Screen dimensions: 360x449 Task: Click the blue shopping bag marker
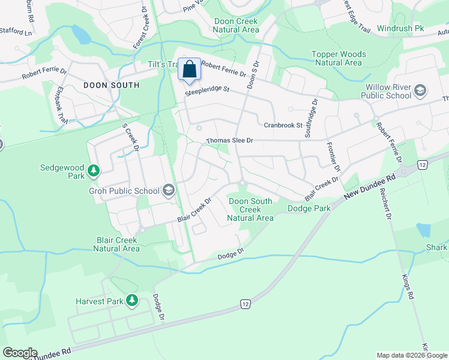coord(190,70)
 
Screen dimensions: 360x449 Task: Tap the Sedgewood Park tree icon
coord(93,171)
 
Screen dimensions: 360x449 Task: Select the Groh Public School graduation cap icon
coord(169,191)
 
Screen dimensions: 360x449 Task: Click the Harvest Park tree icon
coord(131,301)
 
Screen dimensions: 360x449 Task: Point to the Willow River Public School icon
coord(420,91)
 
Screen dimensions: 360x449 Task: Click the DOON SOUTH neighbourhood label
coord(111,85)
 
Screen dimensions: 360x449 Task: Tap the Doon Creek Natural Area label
coord(237,25)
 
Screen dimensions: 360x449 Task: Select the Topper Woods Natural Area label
coord(339,58)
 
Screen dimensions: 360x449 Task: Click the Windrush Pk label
coord(401,28)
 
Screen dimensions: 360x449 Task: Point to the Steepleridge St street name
coord(207,90)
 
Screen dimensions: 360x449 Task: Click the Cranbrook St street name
coord(283,125)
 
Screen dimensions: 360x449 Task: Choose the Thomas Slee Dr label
coord(230,140)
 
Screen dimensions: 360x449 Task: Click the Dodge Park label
coord(309,208)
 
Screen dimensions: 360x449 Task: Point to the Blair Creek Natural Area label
coord(118,244)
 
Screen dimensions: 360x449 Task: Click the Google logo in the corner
coord(20,352)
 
